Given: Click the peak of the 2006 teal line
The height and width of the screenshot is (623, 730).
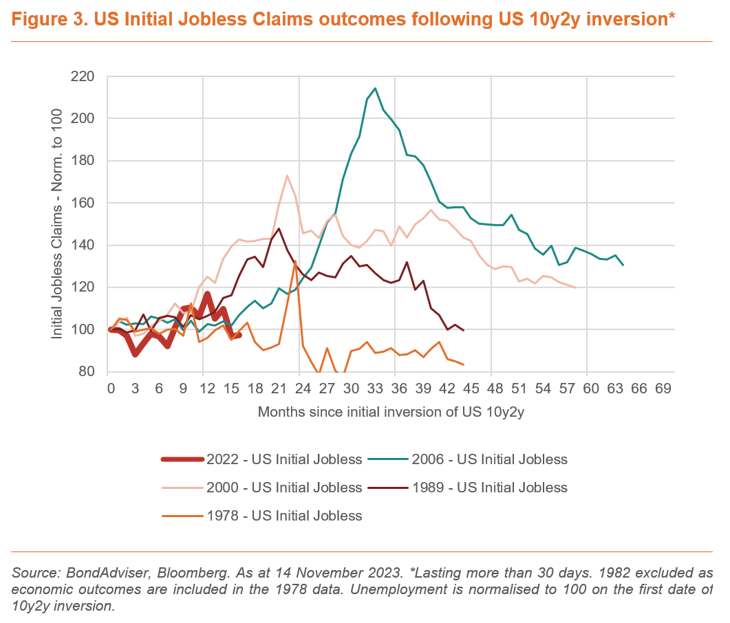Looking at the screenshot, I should (375, 88).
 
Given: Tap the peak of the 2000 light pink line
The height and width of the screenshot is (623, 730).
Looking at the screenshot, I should (287, 175).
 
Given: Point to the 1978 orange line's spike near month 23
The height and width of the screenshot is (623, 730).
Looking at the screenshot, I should (295, 261).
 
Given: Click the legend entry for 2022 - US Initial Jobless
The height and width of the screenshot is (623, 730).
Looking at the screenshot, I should (285, 459).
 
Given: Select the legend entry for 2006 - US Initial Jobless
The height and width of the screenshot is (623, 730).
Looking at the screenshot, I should (489, 459).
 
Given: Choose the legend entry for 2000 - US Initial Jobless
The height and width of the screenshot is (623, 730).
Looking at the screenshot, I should (285, 488).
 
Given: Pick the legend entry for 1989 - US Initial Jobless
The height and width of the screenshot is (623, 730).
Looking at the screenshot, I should (489, 488).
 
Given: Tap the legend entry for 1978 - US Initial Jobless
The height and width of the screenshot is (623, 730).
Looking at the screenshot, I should (285, 515).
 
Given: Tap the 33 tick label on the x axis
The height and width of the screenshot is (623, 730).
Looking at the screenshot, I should (375, 389).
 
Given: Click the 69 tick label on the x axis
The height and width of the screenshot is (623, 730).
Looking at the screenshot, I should (663, 389).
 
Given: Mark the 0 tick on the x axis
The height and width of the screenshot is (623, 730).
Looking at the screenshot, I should (111, 389).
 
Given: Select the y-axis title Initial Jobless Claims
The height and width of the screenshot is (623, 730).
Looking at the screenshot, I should (58, 223).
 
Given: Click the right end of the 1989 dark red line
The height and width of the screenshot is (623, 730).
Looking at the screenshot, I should (464, 331).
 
